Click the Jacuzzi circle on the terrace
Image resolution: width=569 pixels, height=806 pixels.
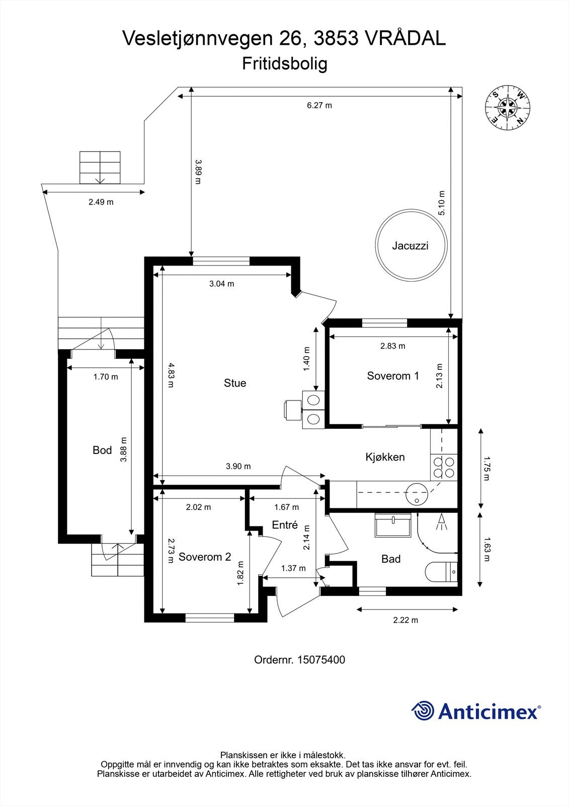coord(411,245)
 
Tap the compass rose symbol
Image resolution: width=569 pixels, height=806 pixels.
coord(507,107)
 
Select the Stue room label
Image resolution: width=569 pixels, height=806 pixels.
coord(235,383)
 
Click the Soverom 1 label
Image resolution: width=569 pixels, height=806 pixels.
coord(393,376)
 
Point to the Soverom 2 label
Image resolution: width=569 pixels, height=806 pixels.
coord(205,557)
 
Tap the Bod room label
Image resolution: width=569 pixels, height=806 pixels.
coord(102,450)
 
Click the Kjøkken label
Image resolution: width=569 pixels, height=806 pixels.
coord(385,457)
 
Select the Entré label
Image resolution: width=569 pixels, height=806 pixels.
coord(285,525)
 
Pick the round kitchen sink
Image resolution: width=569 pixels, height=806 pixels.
coord(417,493)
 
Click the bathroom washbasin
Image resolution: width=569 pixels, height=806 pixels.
coord(393,526)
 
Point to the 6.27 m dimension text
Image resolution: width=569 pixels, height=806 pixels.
coord(319,105)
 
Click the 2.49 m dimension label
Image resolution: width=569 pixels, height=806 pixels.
coord(101,202)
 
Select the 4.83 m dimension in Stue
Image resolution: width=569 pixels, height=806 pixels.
coord(171,375)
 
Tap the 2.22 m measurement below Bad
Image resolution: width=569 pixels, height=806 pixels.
coord(405,620)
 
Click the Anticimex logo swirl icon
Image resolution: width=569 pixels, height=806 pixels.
coord(423,711)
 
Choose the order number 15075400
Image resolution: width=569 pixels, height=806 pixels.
coord(299,660)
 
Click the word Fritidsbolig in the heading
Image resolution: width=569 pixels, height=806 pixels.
coord(285,64)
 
